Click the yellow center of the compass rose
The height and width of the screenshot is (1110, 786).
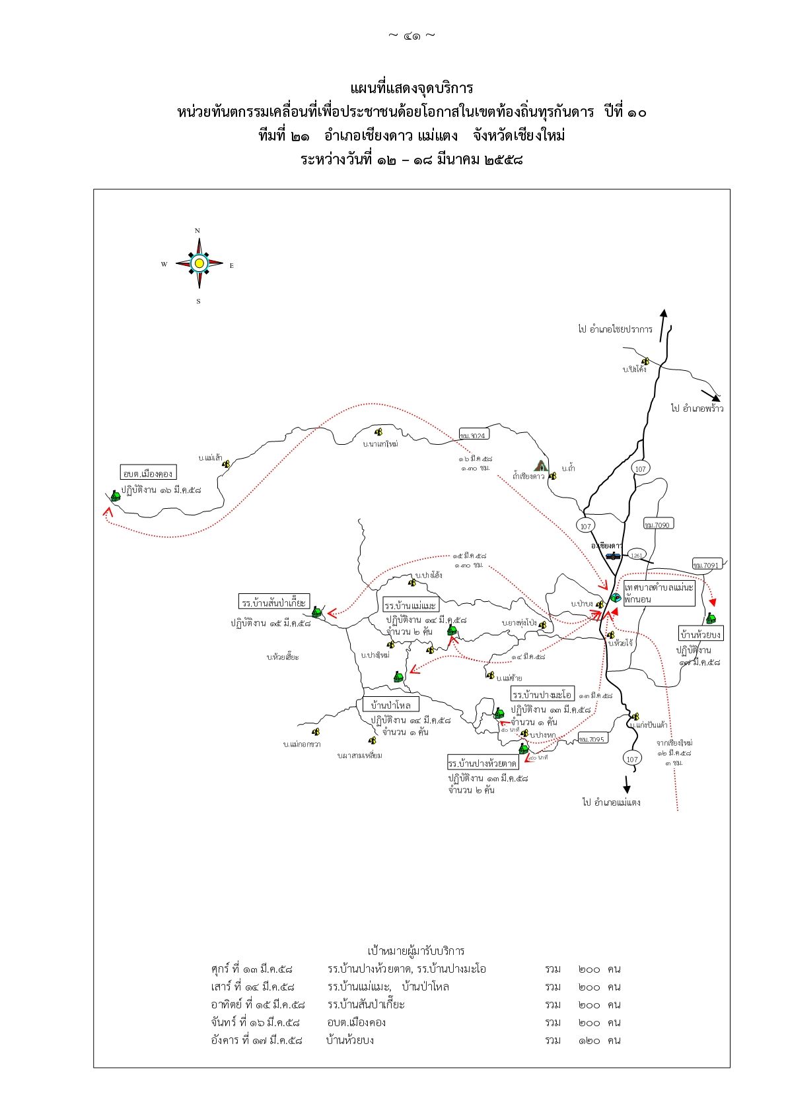(199, 263)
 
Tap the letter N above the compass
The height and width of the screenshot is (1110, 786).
(197, 231)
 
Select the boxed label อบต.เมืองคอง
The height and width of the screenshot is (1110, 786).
(148, 473)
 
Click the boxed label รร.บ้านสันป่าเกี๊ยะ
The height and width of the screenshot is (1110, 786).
(273, 602)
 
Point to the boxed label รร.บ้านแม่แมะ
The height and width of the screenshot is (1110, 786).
(410, 605)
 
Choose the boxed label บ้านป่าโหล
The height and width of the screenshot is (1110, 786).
(391, 705)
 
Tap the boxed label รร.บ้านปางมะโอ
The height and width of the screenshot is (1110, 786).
(542, 694)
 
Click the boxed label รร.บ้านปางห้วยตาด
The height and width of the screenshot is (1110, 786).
(482, 763)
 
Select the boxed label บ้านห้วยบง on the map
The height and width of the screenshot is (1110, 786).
(701, 634)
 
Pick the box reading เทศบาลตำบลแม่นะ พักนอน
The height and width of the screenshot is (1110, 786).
(659, 593)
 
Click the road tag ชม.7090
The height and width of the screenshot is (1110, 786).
(658, 525)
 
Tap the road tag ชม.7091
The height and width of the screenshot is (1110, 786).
(707, 565)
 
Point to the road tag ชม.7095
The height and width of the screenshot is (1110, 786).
(592, 739)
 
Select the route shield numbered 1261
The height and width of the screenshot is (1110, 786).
(636, 555)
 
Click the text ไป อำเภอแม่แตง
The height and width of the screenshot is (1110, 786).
(611, 802)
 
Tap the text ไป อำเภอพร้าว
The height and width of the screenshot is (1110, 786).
(697, 408)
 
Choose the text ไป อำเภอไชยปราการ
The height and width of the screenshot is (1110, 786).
(615, 329)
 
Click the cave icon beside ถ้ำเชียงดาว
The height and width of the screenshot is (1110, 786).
(541, 465)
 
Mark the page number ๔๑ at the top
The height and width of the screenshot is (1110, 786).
(411, 36)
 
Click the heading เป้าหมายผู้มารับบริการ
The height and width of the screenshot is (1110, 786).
(416, 951)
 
